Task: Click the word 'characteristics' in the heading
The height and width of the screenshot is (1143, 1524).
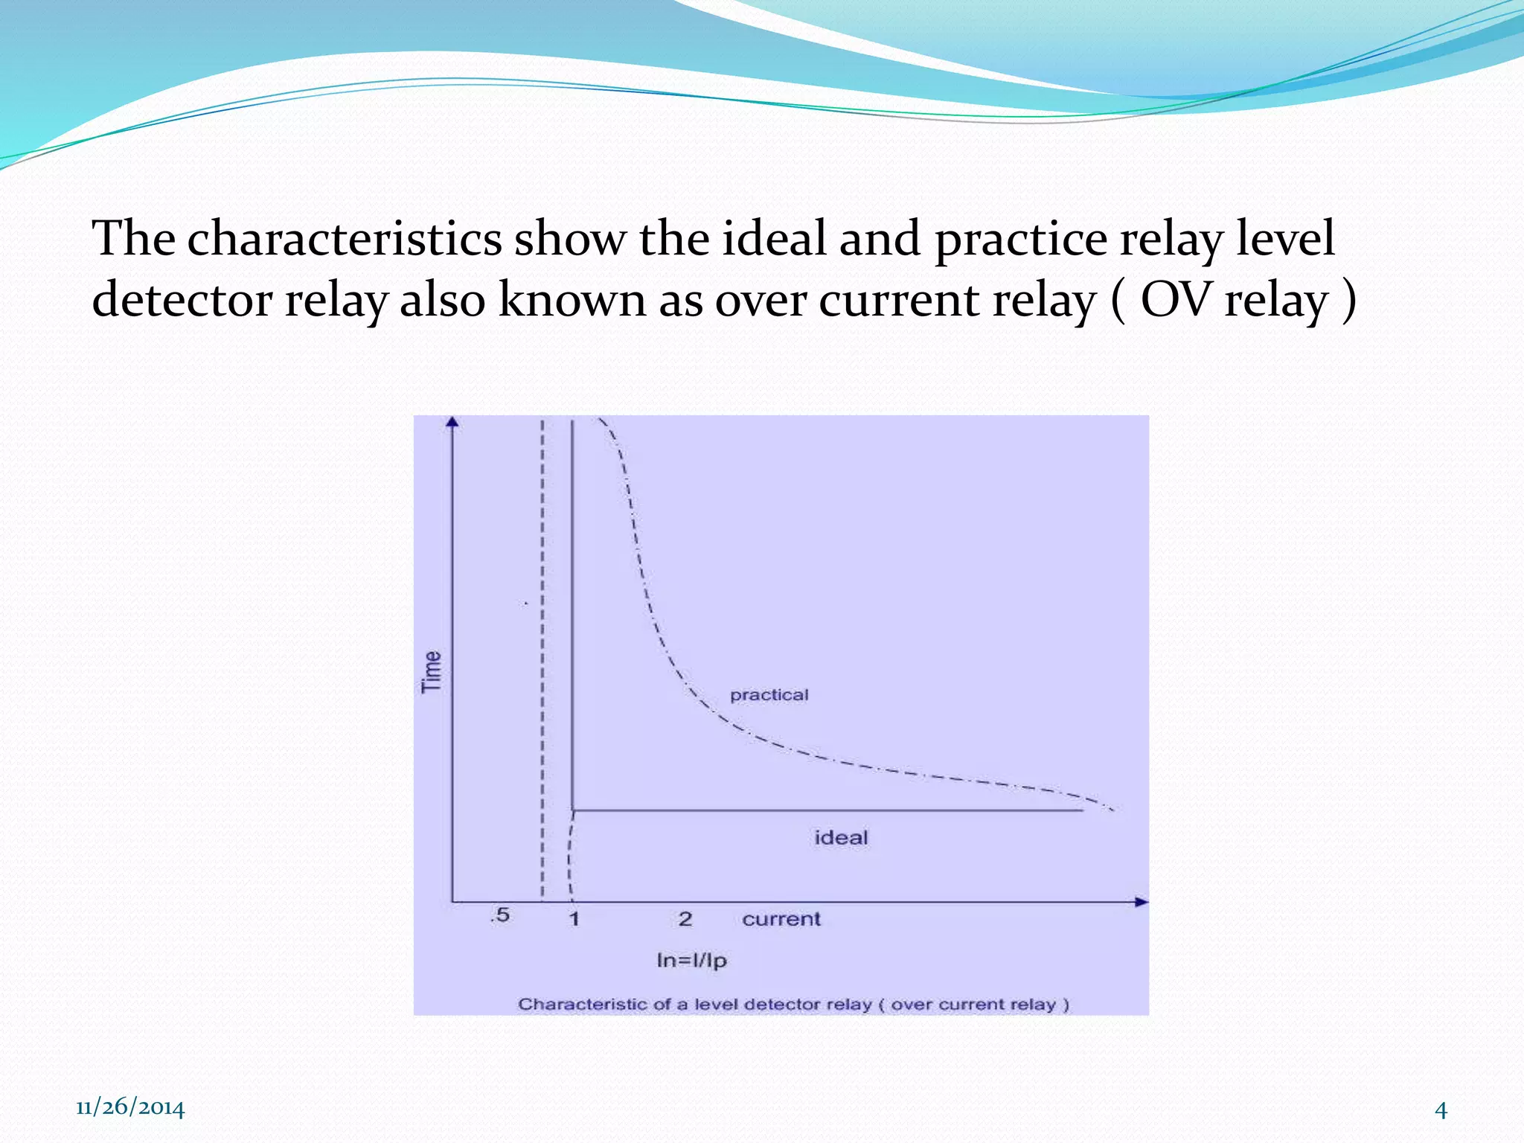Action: coord(344,240)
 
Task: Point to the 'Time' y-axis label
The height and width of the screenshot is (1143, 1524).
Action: coord(432,672)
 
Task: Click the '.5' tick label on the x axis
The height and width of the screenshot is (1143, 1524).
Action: coord(500,915)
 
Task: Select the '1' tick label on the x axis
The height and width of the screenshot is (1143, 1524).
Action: coord(574,919)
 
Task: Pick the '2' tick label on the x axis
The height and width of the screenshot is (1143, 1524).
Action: coord(685,919)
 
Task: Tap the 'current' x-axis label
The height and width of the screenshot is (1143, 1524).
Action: coord(781,919)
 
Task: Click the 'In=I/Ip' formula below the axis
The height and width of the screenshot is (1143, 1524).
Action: coord(691,961)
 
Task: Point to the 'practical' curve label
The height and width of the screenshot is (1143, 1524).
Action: coord(769,695)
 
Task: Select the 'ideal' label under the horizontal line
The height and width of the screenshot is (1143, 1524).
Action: coord(841,838)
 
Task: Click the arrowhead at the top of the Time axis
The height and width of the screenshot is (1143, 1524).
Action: coord(452,423)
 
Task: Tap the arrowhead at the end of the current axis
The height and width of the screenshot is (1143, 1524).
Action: coord(1142,902)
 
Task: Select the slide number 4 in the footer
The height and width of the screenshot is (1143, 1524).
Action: coord(1441,1110)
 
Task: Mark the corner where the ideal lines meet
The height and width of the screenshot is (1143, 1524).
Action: coord(572,810)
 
